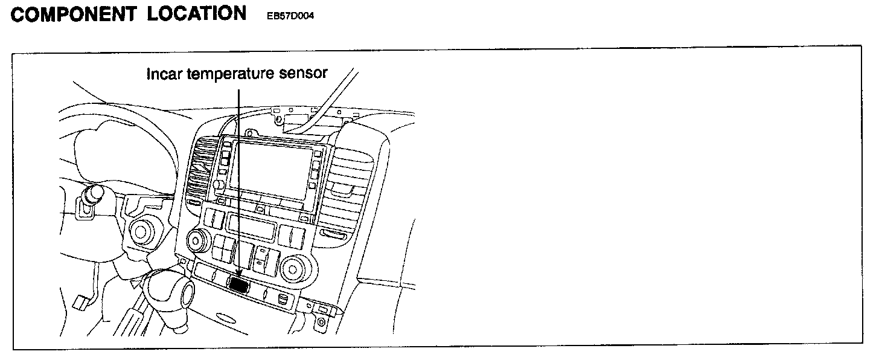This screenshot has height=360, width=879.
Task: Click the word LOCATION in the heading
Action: pyautogui.click(x=197, y=14)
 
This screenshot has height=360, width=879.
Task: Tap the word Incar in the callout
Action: pyautogui.click(x=165, y=74)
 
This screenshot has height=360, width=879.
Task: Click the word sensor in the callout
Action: pyautogui.click(x=305, y=74)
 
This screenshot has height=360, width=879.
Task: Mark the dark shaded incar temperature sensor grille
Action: pyautogui.click(x=240, y=284)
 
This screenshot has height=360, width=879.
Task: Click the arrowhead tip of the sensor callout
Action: pyautogui.click(x=240, y=277)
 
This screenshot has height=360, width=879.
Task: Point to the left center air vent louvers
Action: pyautogui.click(x=202, y=169)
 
